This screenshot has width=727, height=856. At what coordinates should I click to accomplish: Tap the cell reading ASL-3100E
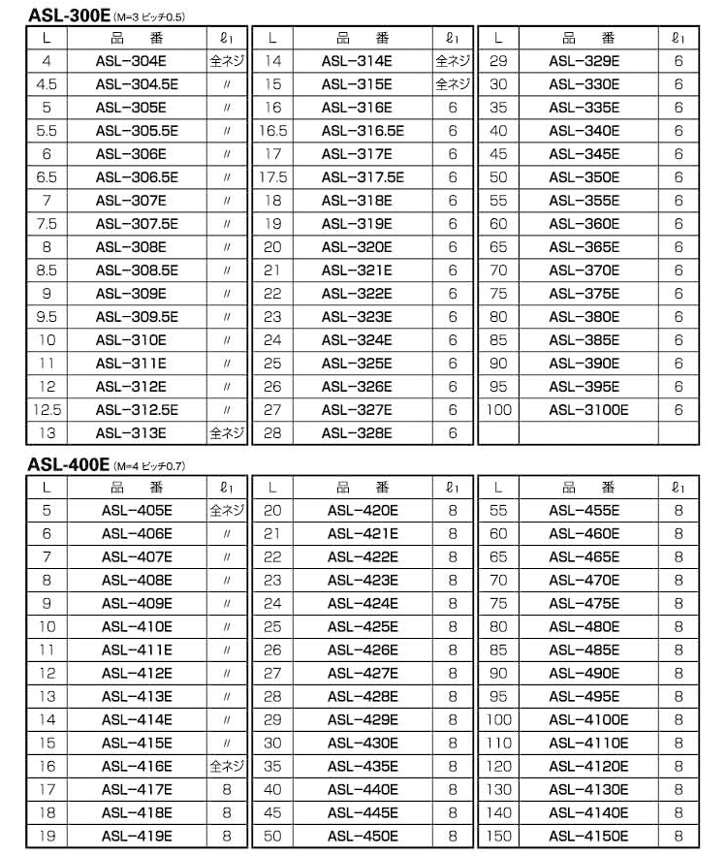click(588, 410)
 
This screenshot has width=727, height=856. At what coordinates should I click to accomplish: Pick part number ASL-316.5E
click(363, 131)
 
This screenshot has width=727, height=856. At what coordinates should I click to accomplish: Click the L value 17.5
click(272, 177)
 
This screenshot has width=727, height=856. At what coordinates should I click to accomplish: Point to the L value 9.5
click(47, 317)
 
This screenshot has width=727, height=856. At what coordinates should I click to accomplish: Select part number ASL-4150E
click(588, 837)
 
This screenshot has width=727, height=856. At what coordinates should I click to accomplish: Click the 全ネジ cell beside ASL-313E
click(227, 433)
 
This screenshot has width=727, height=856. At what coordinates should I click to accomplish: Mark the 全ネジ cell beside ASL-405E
click(227, 511)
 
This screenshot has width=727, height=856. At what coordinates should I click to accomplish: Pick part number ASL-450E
click(363, 837)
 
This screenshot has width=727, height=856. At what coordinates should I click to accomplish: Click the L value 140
click(498, 813)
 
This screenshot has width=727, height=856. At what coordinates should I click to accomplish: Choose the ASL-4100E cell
click(588, 720)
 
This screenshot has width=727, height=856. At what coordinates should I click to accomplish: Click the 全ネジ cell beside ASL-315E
click(452, 84)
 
